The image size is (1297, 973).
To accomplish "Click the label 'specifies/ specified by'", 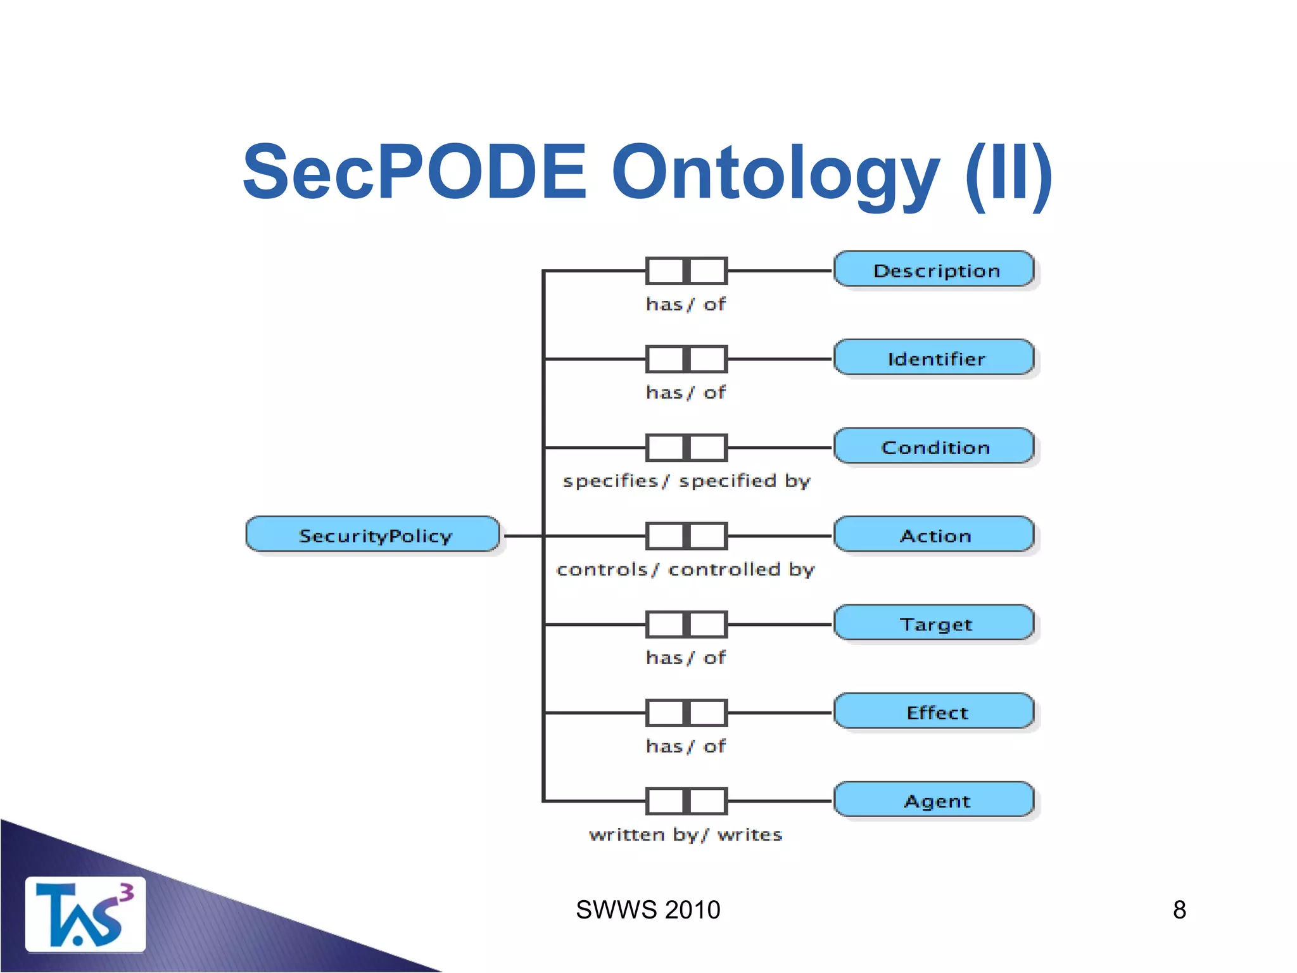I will [x=686, y=481].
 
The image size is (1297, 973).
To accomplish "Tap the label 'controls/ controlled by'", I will [x=685, y=569].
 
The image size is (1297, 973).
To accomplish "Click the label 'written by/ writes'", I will [x=685, y=834].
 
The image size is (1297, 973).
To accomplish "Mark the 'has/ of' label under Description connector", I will [x=685, y=304].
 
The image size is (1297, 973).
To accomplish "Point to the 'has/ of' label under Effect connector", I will [x=685, y=746].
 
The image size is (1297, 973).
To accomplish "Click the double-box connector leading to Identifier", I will [x=686, y=359].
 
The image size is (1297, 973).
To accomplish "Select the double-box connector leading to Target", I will [x=686, y=624].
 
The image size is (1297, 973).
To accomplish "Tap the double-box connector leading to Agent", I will [x=686, y=801].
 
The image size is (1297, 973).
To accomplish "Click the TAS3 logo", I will [x=85, y=914].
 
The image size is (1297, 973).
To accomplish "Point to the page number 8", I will [x=1179, y=910].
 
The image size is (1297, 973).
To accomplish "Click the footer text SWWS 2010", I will [x=648, y=910].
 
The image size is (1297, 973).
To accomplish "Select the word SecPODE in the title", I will [x=415, y=172].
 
